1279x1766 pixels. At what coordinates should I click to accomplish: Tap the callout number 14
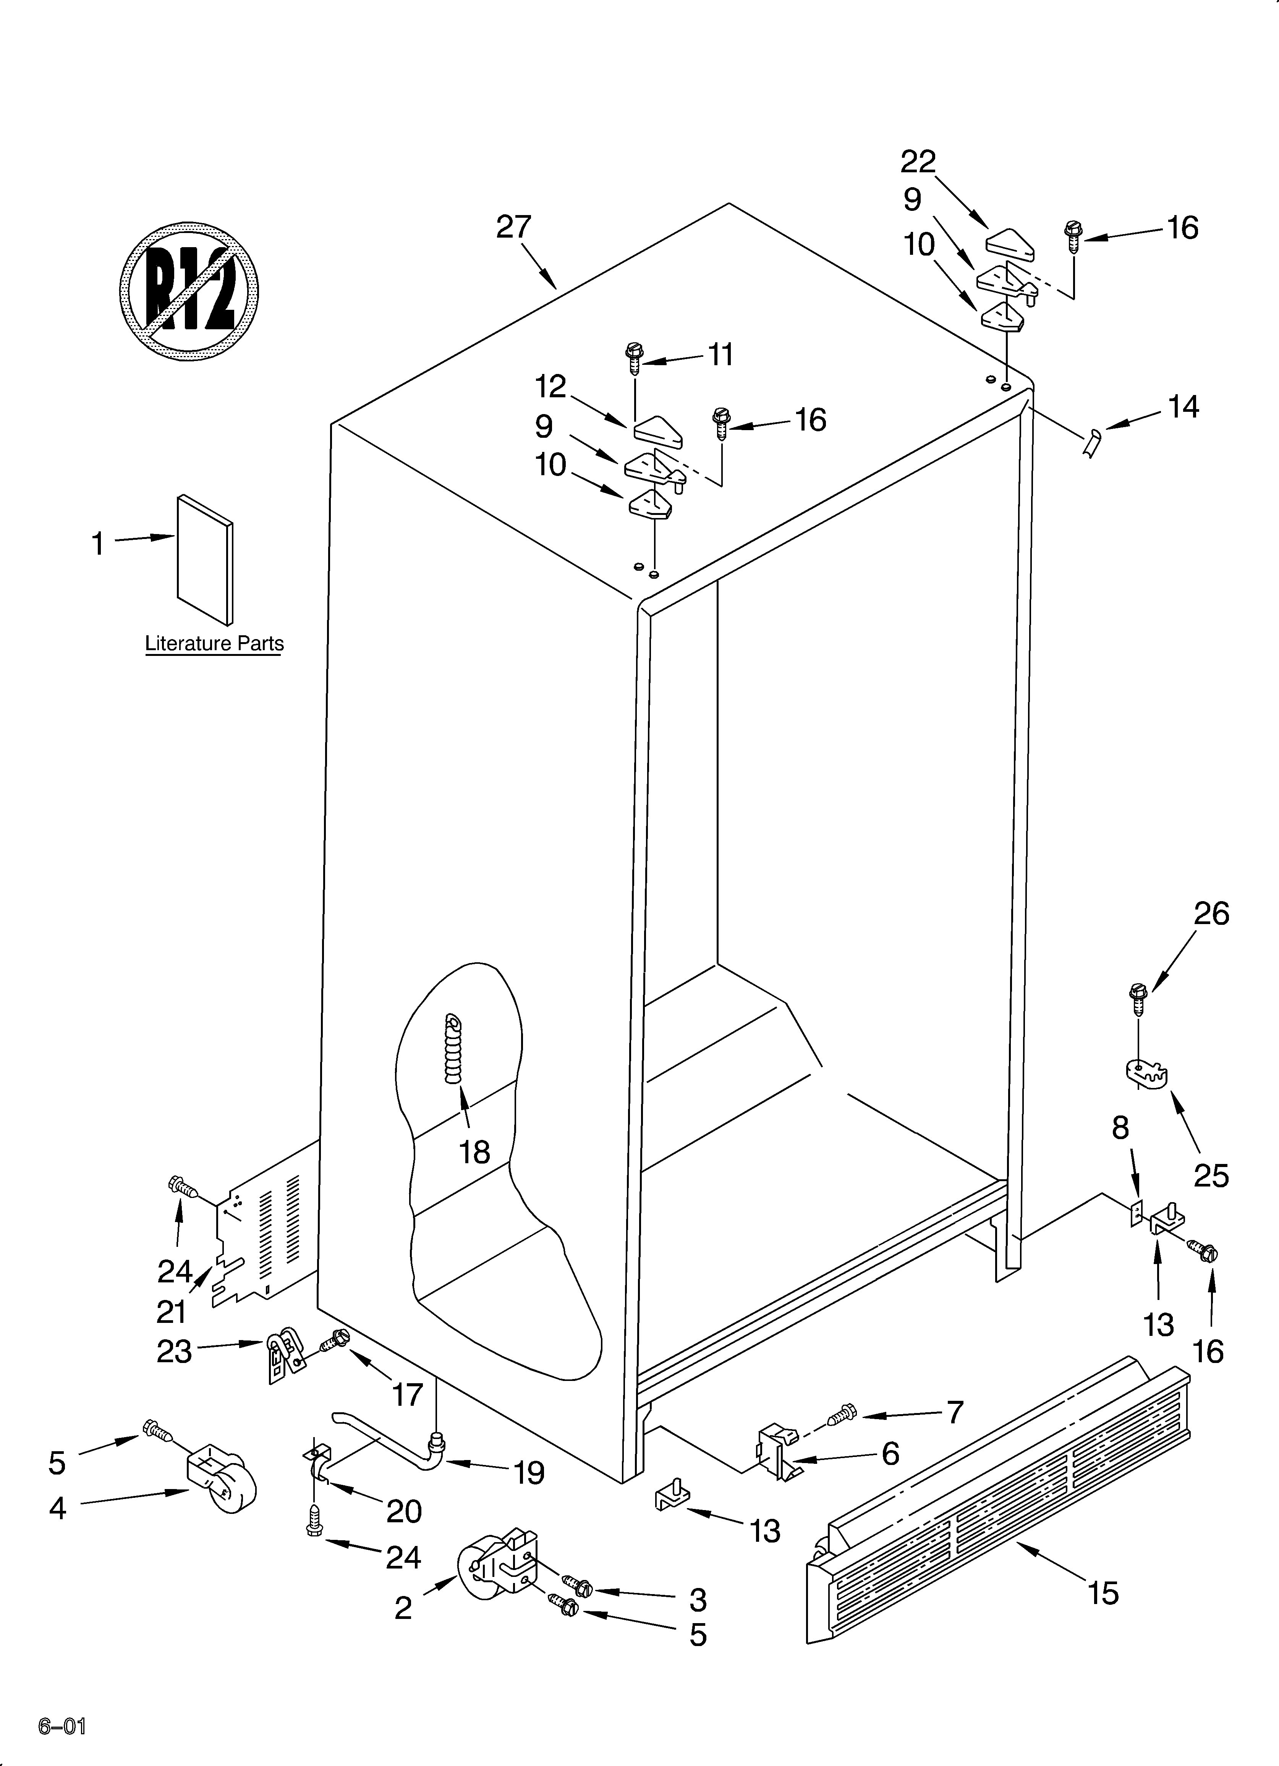point(1183,407)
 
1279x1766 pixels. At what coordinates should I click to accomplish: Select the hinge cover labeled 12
point(658,431)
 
